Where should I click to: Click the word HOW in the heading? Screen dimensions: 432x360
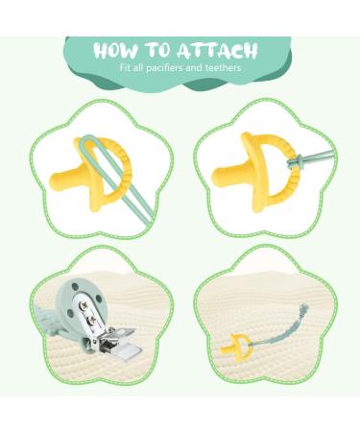point(119,50)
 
